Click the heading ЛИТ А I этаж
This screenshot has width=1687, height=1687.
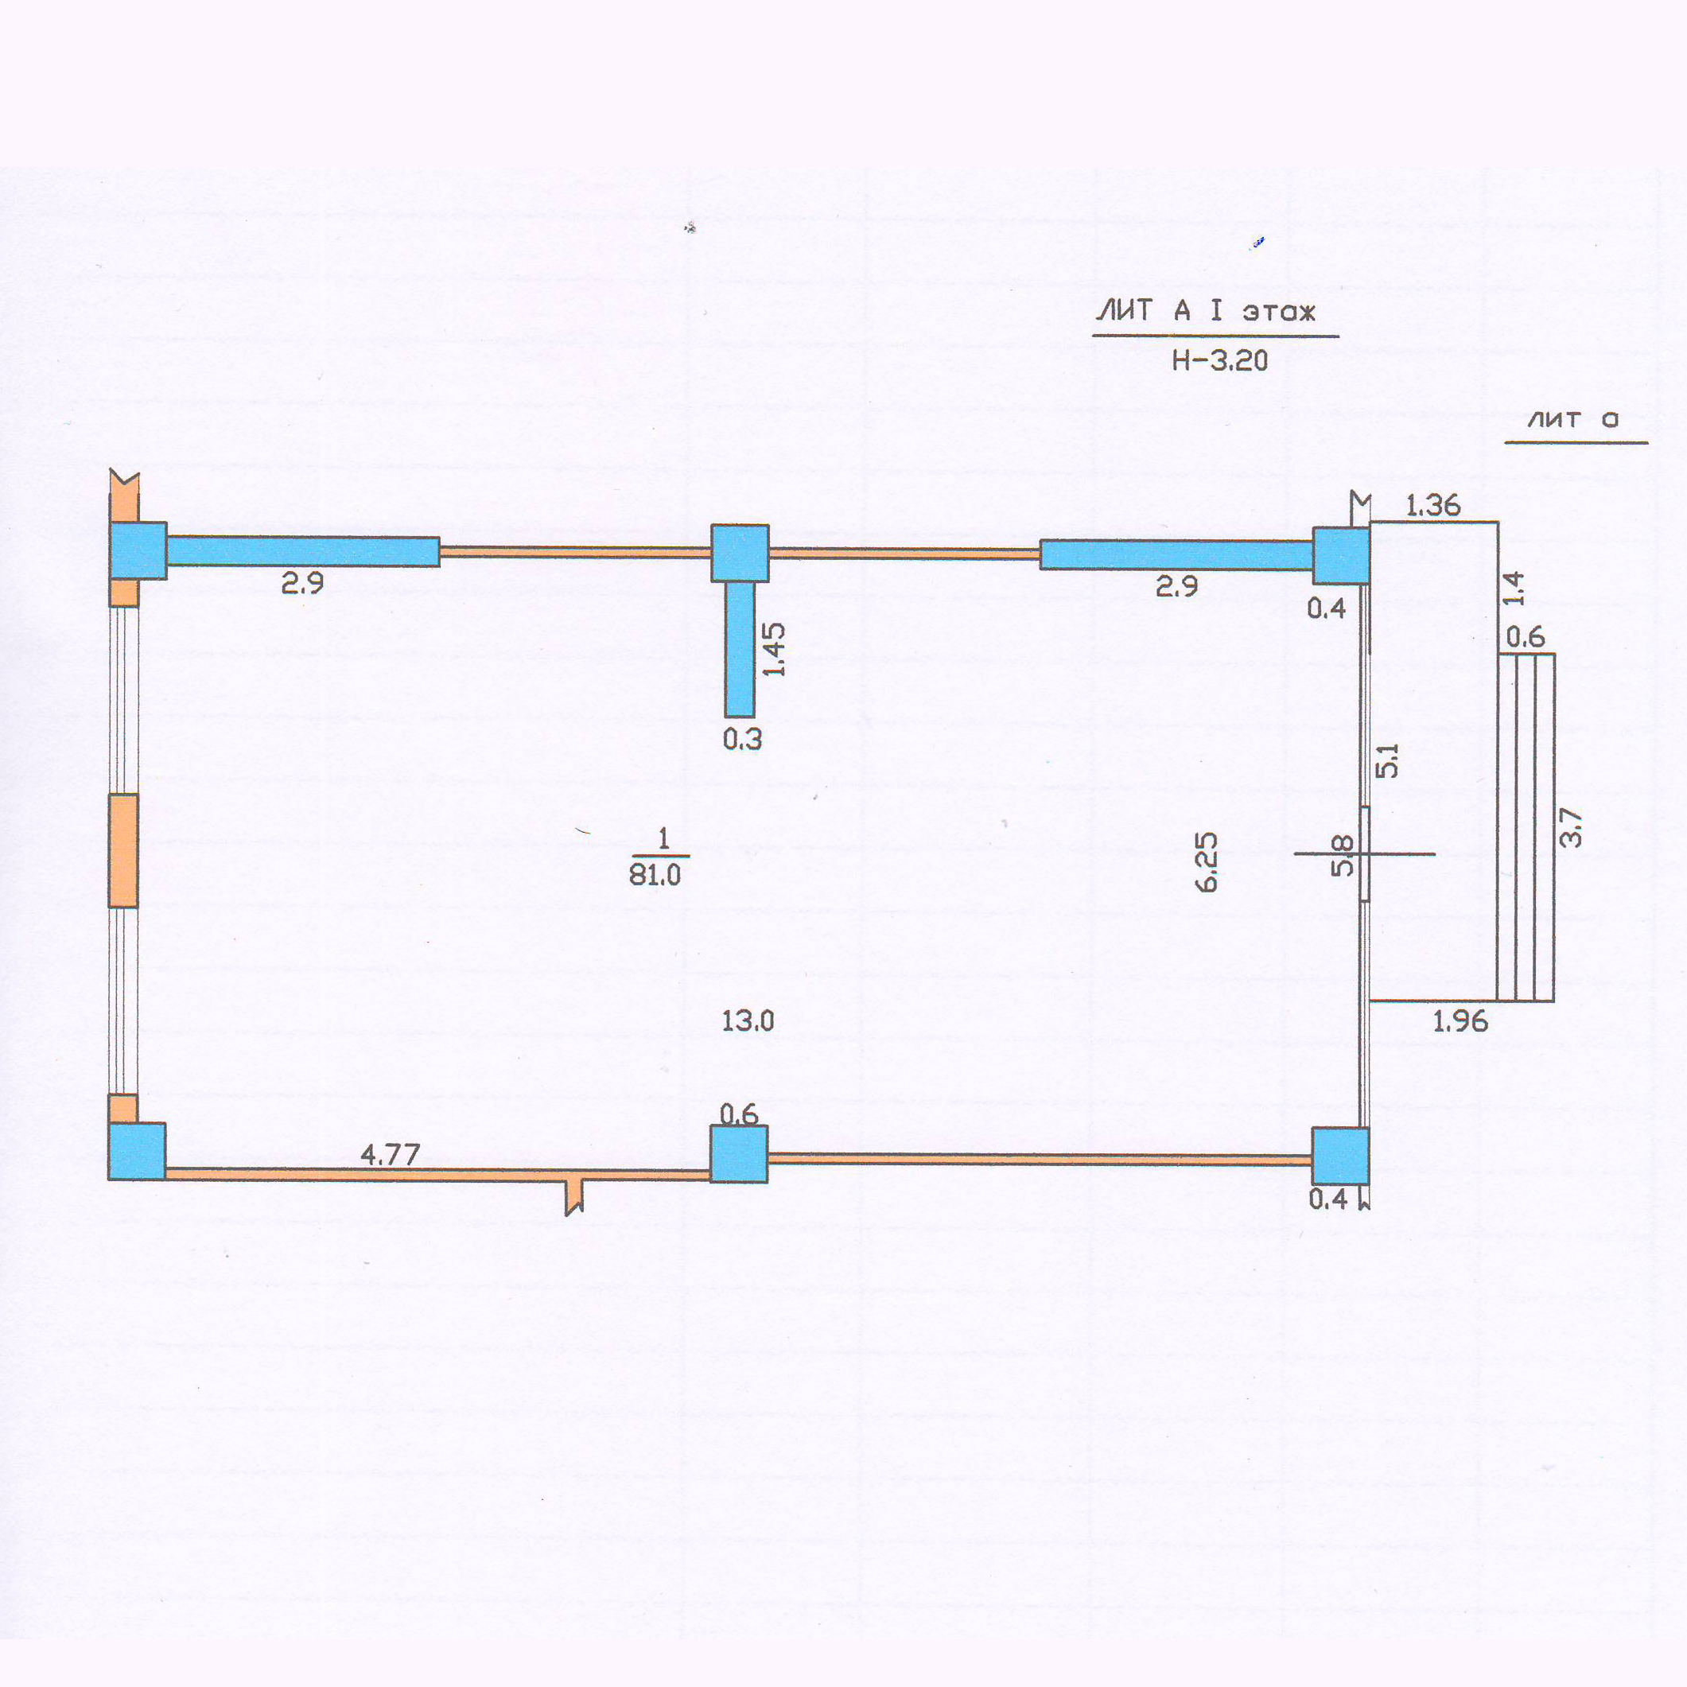click(x=1205, y=311)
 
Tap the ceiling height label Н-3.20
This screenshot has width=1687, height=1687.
click(x=1219, y=360)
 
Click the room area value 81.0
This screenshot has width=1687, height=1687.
click(x=655, y=874)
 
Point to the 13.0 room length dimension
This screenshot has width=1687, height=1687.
click(x=748, y=1020)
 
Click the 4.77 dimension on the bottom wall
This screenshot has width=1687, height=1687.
click(x=391, y=1154)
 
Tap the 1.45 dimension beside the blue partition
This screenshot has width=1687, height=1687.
click(x=774, y=649)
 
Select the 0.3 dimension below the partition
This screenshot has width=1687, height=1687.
click(x=742, y=740)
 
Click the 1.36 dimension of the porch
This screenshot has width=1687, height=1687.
click(x=1433, y=505)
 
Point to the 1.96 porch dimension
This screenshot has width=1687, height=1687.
click(x=1460, y=1020)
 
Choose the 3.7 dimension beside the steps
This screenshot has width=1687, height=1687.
click(x=1570, y=827)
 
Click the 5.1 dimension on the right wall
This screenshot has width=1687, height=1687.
click(x=1386, y=760)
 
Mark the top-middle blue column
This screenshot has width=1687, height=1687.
click(x=740, y=553)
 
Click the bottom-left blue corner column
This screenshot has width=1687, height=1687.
click(x=137, y=1151)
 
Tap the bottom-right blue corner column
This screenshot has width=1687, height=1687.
click(x=1339, y=1155)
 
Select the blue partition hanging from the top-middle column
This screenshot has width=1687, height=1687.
click(x=740, y=649)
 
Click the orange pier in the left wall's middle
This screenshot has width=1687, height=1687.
click(x=123, y=849)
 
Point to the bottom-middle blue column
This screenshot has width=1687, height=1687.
click(x=739, y=1153)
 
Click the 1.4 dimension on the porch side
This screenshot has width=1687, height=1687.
click(x=1514, y=588)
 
